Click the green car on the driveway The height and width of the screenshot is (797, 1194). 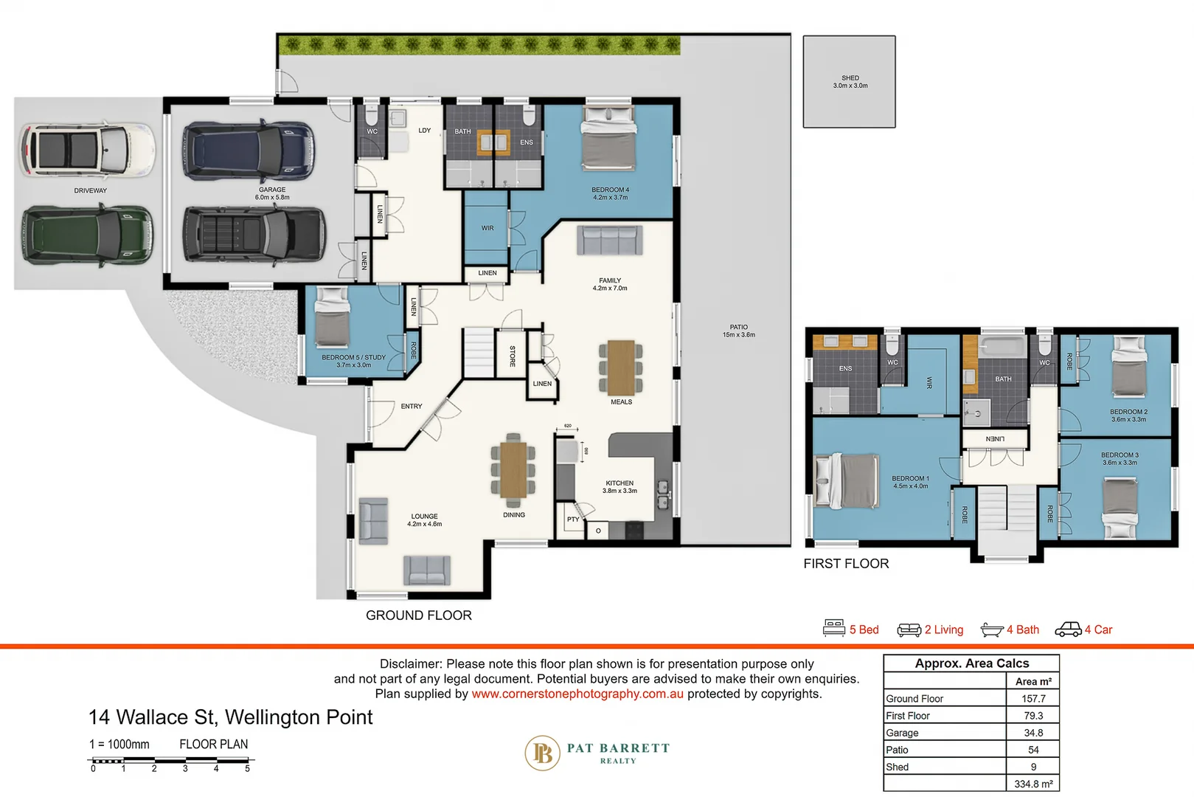[87, 235]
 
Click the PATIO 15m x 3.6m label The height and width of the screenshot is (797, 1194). [738, 331]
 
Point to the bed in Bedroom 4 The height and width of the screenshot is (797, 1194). [608, 138]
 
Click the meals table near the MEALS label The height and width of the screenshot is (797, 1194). [621, 368]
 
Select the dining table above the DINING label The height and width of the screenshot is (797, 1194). [513, 469]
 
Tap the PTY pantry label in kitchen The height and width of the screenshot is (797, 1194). [573, 520]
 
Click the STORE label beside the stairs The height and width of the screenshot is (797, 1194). [513, 356]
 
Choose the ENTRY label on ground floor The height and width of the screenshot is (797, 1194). [412, 407]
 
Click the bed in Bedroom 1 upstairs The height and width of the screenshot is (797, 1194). [847, 481]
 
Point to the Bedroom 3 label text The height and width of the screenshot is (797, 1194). [1120, 458]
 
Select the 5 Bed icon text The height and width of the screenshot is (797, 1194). [864, 629]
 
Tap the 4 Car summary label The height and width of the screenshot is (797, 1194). [1097, 629]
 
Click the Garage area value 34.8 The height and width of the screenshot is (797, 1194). [1032, 733]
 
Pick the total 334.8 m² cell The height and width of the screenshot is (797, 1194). [1032, 784]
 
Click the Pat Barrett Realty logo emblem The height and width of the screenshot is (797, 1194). [542, 753]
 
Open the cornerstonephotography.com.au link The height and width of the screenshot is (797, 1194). [577, 694]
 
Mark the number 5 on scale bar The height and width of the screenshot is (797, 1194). [247, 769]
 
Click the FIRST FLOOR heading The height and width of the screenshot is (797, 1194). [846, 564]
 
